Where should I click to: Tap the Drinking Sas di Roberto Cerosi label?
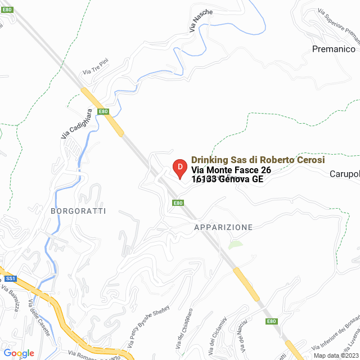pyautogui.click(x=258, y=160)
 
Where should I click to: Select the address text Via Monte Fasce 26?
pyautogui.click(x=231, y=170)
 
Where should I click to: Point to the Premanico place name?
pyautogui.click(x=332, y=49)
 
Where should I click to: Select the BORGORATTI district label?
pyautogui.click(x=78, y=211)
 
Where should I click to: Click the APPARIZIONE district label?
pyautogui.click(x=223, y=227)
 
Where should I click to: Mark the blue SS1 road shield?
pyautogui.click(x=10, y=278)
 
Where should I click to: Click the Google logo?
pyautogui.click(x=19, y=353)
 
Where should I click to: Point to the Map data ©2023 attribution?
pyautogui.click(x=335, y=355)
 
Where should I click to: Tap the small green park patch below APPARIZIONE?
pyautogui.click(x=236, y=245)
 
